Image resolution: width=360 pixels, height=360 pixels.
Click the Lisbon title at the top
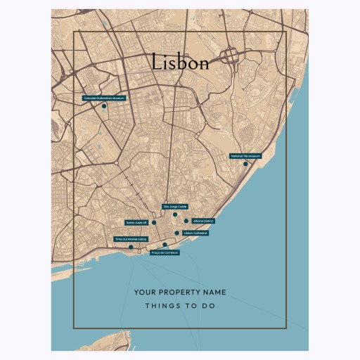tap(180, 63)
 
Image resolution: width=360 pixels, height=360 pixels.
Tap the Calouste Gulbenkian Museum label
tap(103, 98)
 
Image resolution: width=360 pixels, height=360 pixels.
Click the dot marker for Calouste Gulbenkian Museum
tap(104, 106)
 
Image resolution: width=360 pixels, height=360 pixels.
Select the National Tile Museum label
tap(245, 156)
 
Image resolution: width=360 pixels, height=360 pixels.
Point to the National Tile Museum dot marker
tap(245, 164)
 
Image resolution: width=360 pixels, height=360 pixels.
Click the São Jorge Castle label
tap(175, 207)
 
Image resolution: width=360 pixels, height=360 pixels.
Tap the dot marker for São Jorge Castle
tap(175, 214)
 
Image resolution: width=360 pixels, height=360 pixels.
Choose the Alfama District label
tap(202, 221)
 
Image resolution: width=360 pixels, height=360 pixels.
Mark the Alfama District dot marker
tap(186, 221)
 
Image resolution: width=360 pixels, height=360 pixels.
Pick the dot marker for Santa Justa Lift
tap(154, 222)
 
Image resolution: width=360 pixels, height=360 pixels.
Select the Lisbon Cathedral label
tap(195, 233)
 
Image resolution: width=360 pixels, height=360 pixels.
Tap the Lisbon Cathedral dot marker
tap(177, 233)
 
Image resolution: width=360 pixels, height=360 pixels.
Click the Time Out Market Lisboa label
tap(131, 240)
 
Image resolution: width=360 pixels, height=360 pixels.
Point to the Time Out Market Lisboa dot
tap(131, 247)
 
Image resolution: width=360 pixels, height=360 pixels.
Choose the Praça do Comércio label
tap(165, 252)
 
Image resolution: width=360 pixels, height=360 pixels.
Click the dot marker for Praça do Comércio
tap(165, 245)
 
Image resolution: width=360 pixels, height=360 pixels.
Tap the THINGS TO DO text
tap(180, 307)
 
